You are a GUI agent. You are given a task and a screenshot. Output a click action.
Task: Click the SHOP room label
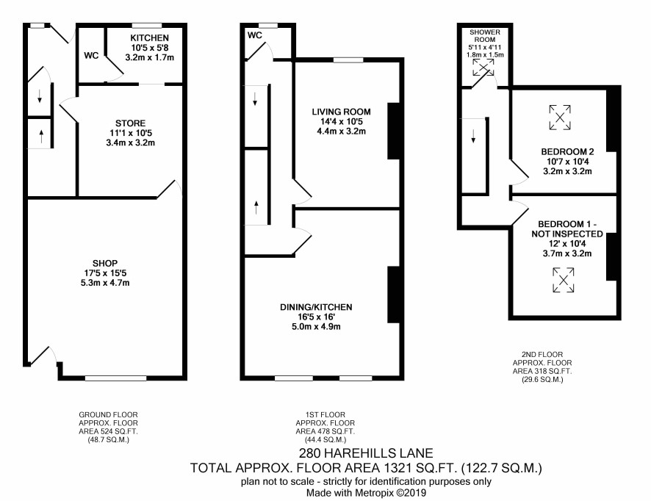tap(105, 263)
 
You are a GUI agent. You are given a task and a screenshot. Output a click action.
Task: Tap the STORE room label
tap(130, 123)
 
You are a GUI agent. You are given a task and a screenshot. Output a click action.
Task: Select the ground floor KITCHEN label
tap(149, 37)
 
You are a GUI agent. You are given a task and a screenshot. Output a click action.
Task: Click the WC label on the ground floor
tap(91, 55)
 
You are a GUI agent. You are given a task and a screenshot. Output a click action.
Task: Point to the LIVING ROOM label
tap(341, 112)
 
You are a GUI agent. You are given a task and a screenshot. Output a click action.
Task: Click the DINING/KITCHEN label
tap(316, 307)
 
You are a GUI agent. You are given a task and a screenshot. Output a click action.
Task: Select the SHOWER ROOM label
tap(485, 36)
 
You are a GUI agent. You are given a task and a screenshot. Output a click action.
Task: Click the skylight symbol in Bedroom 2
tap(560, 118)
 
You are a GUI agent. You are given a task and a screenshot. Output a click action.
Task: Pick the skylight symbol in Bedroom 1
tap(564, 280)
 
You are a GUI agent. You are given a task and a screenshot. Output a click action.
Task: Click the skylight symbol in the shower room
tap(483, 68)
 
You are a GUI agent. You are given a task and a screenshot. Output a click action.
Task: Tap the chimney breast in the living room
tap(394, 131)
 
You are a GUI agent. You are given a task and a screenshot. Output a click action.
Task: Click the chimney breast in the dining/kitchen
tap(394, 295)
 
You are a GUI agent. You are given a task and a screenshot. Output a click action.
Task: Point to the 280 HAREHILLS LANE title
tap(366, 453)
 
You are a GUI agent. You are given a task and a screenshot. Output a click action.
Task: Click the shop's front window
tap(116, 378)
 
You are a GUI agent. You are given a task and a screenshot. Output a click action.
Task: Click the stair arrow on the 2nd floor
tap(473, 136)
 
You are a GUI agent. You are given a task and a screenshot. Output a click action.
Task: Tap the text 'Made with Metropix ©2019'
tap(366, 493)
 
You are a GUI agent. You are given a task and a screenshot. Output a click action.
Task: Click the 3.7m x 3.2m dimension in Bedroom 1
tap(567, 253)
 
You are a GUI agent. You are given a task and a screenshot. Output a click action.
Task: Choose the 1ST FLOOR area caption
tap(325, 427)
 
